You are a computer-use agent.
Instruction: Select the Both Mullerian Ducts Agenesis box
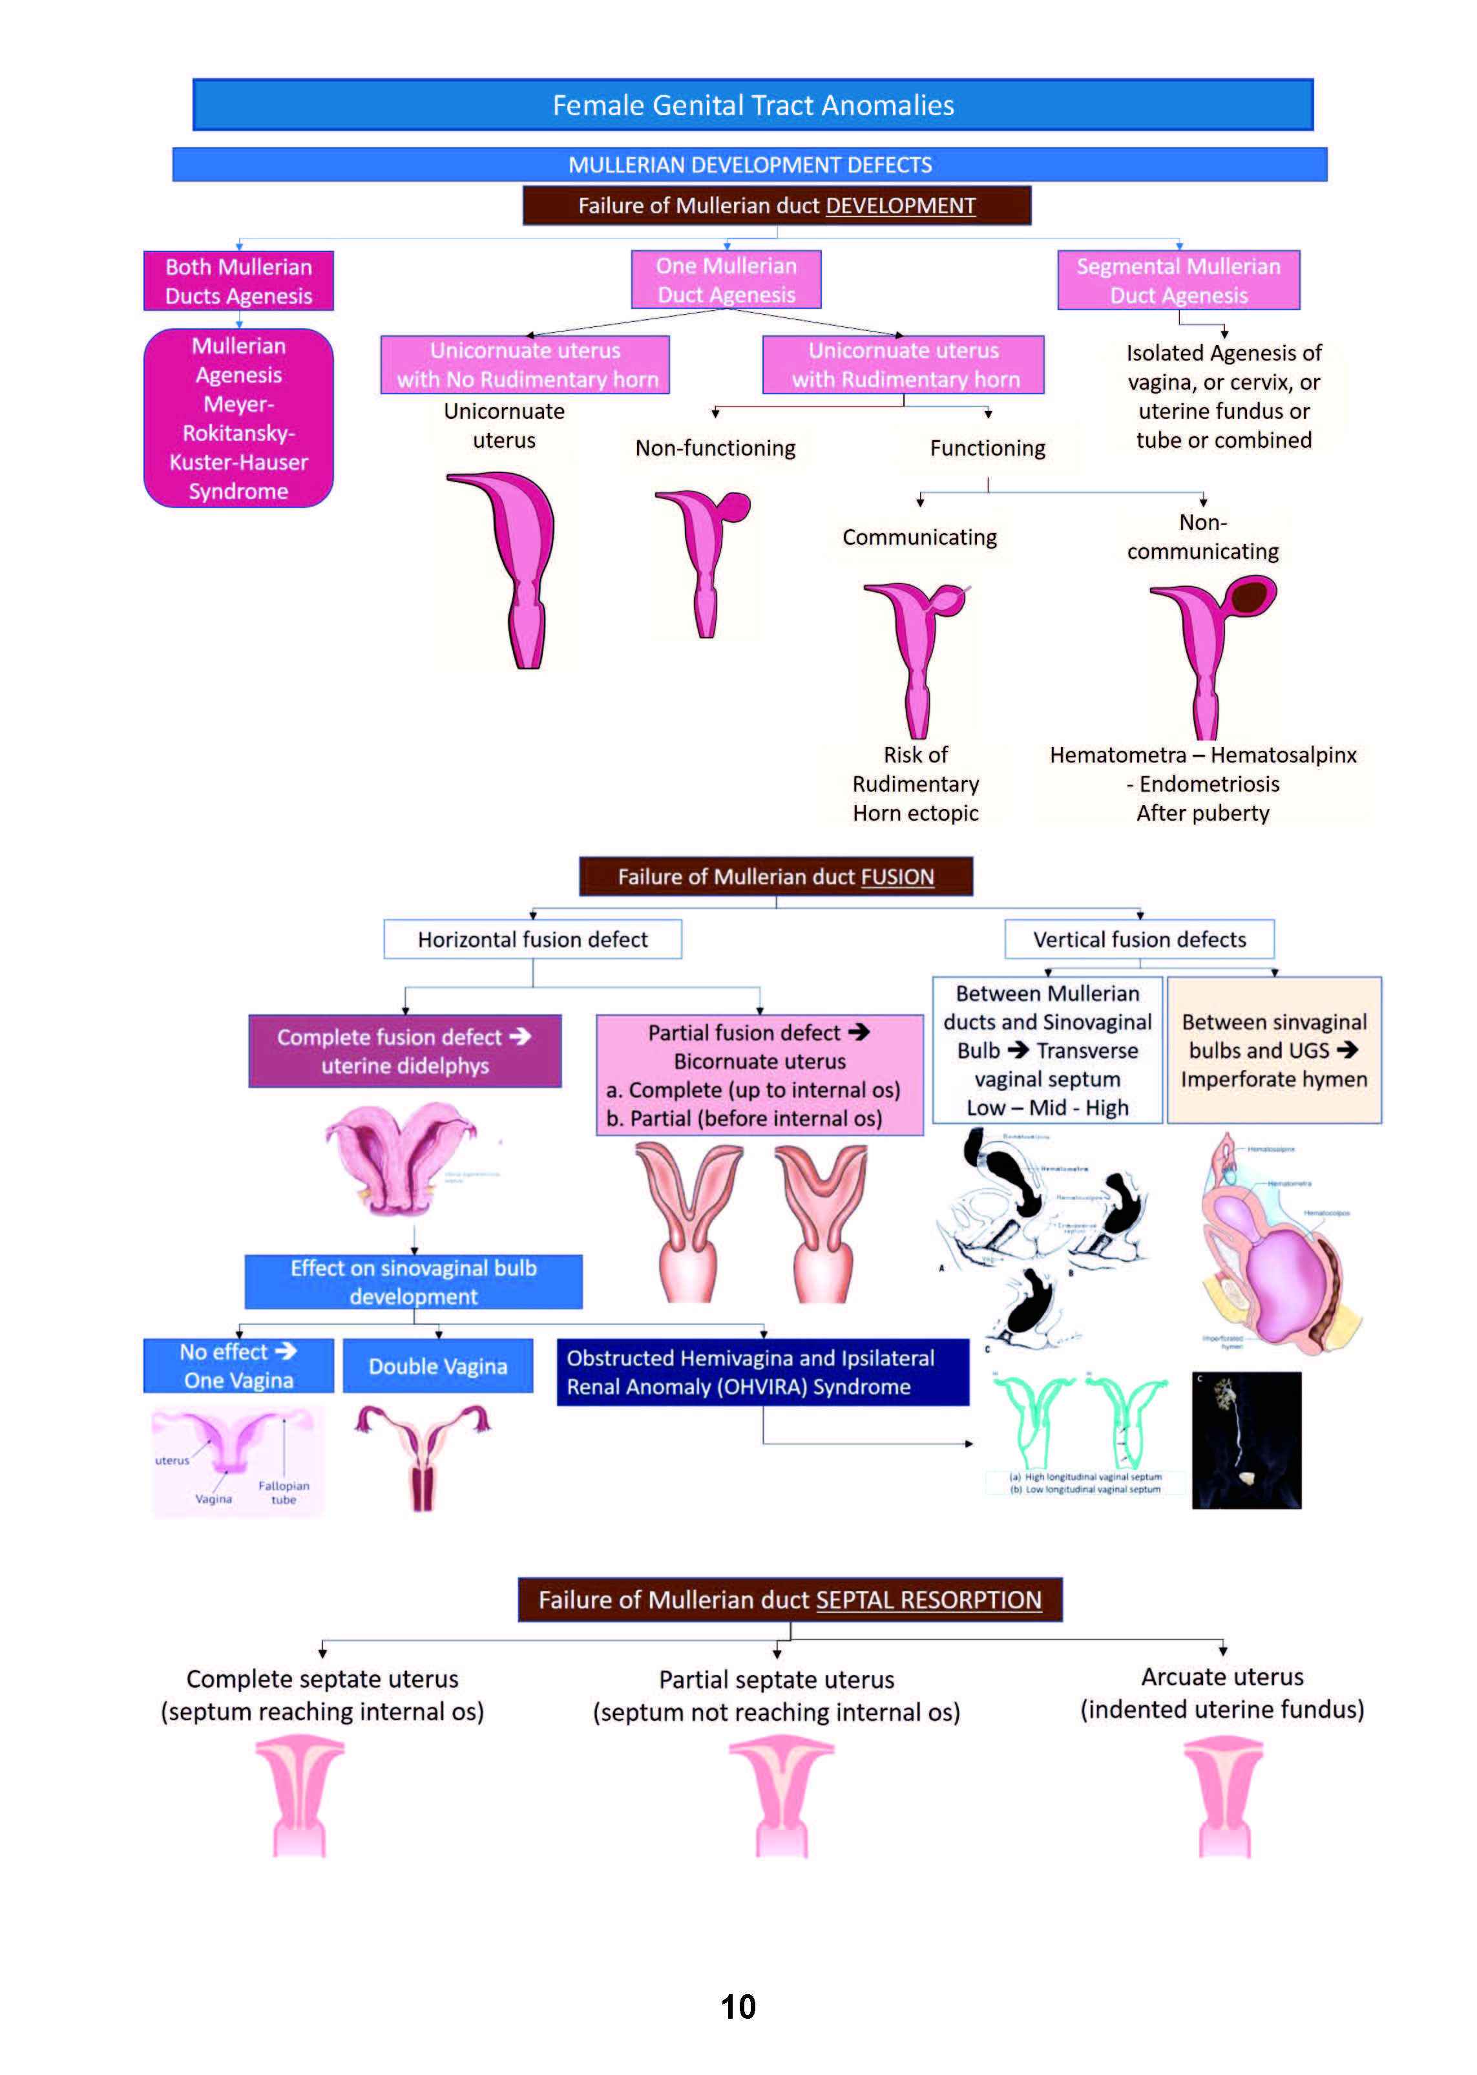[238, 281]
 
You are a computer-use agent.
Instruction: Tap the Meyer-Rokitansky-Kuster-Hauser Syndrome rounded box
[238, 419]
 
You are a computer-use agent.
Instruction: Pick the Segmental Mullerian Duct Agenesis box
[1178, 280]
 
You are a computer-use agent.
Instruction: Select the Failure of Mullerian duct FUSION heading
[776, 877]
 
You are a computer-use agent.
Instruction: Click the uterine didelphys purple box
[404, 1051]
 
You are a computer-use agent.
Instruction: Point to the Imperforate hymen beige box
[1273, 1051]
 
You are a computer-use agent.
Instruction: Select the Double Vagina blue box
[437, 1366]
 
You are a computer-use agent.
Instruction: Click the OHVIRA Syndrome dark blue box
[762, 1373]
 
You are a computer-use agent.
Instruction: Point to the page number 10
[738, 2007]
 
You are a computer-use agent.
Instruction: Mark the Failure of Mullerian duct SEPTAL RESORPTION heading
[790, 1600]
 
